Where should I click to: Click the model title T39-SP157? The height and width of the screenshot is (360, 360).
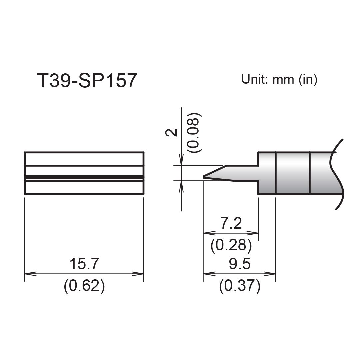(x=87, y=80)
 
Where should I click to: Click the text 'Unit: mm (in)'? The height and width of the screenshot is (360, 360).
(x=279, y=79)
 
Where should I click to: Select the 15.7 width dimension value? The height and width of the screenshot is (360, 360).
(x=84, y=264)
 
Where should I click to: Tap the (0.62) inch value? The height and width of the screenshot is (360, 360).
(x=84, y=286)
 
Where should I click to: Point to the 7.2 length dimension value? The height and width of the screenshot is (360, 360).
(x=231, y=223)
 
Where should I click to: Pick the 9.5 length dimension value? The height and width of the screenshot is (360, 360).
(x=239, y=264)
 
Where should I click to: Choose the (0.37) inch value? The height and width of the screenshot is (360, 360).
(x=239, y=286)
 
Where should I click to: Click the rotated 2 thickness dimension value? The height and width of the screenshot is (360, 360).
(x=172, y=132)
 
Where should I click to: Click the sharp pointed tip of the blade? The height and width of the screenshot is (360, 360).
(x=204, y=177)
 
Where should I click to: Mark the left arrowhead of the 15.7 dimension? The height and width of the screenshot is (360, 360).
(x=28, y=274)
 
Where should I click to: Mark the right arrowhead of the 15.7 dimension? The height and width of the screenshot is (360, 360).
(x=140, y=274)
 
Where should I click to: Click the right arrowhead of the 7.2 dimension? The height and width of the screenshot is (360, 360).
(x=255, y=233)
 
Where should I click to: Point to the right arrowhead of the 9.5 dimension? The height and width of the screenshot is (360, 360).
(x=272, y=274)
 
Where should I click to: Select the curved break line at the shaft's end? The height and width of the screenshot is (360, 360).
(x=337, y=173)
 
